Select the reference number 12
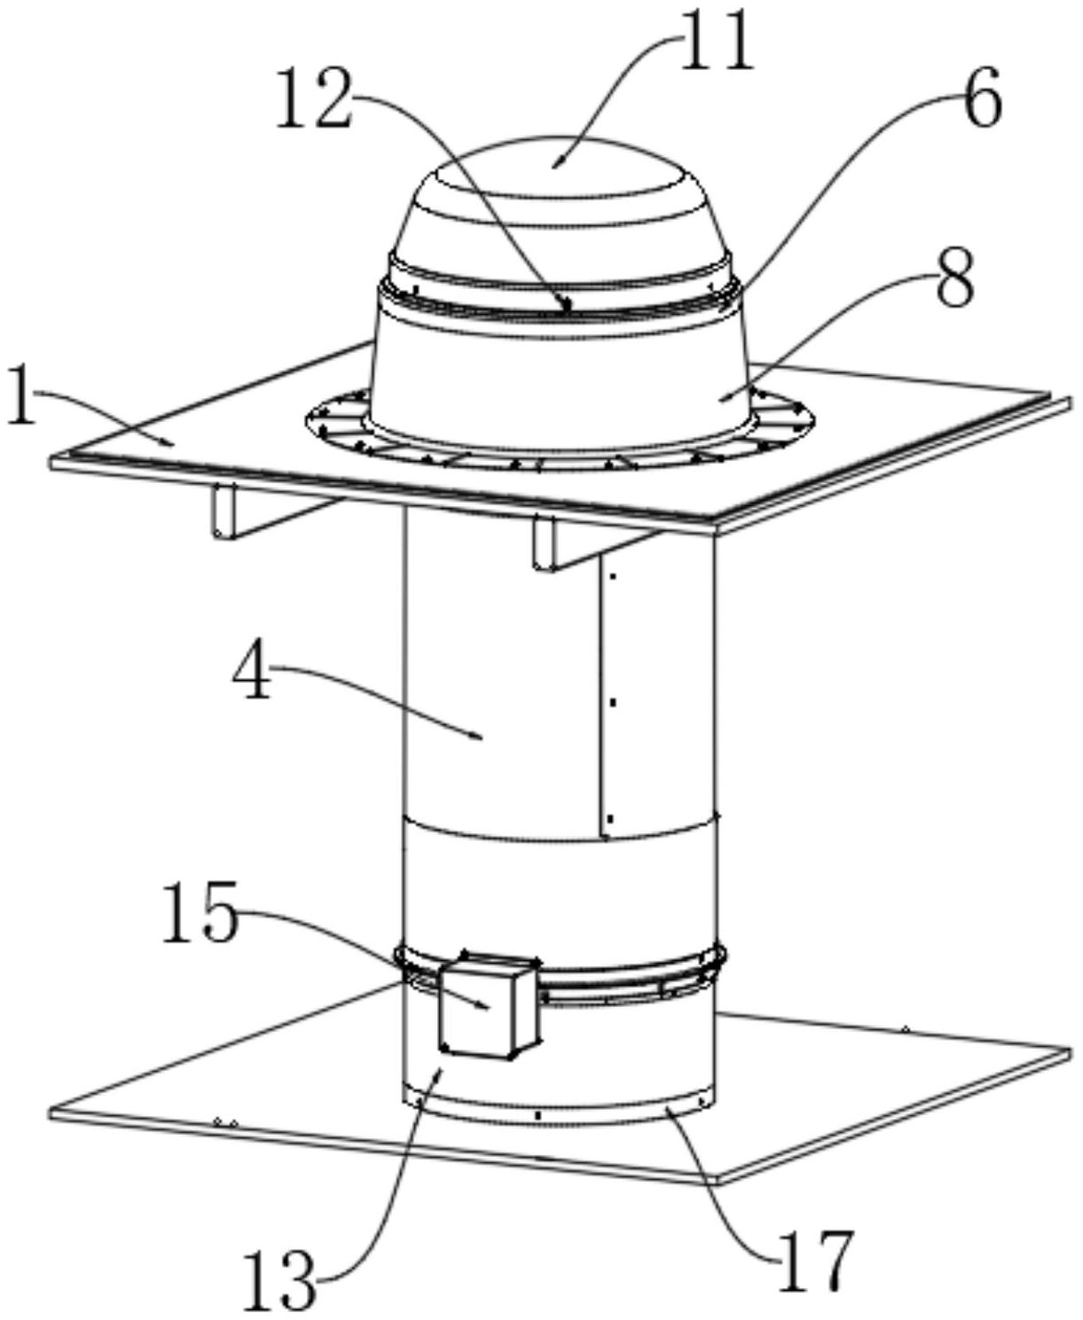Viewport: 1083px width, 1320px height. (317, 100)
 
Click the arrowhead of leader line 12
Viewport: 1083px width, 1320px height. (569, 309)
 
